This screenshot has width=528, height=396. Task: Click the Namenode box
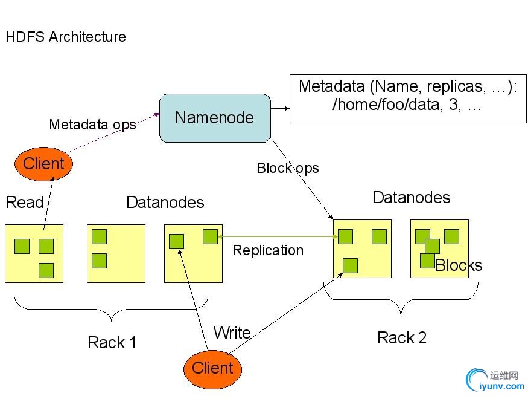point(215,118)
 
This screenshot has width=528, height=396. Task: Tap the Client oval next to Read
point(43,163)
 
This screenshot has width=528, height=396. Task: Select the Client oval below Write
point(212,368)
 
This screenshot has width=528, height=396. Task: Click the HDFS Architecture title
point(66,37)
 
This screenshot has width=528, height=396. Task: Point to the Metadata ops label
point(92,125)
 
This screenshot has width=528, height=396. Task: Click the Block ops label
point(288,168)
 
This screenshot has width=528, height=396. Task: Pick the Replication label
point(268,250)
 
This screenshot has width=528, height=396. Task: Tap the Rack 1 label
point(112,343)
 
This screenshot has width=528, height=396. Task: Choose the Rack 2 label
point(402,338)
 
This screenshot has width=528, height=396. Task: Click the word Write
point(232,333)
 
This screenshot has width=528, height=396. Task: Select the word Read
point(24,202)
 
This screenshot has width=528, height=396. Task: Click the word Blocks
point(459,265)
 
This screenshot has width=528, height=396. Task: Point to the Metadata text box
point(408,99)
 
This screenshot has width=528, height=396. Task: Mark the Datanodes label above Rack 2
point(412,198)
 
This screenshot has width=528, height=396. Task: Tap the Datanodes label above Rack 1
point(165,202)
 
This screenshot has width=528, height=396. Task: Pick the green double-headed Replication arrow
point(276,237)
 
